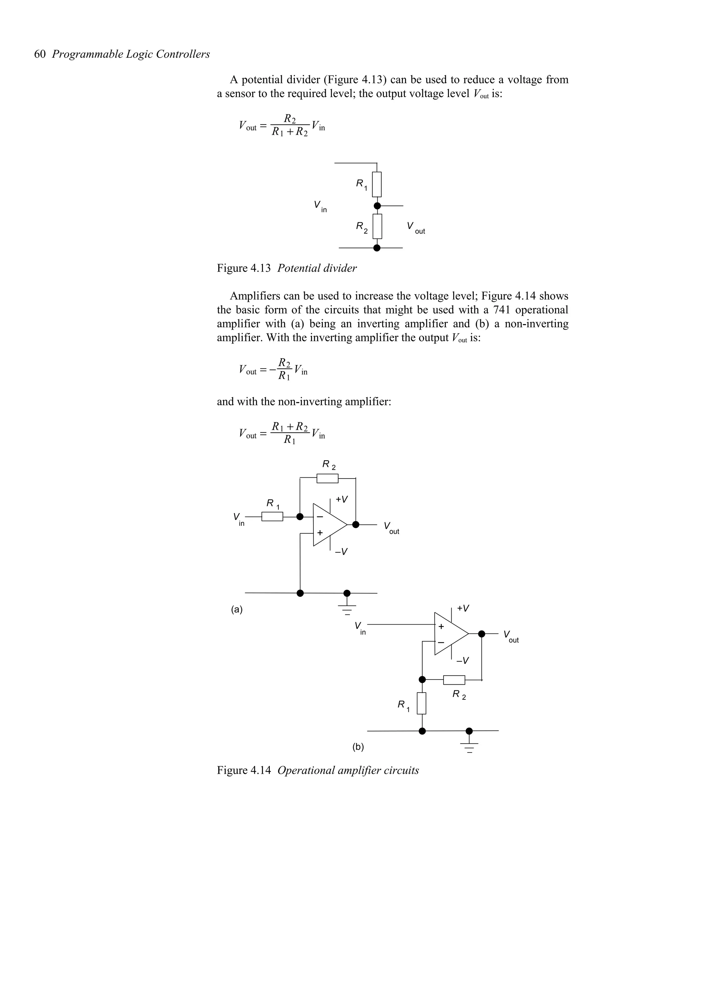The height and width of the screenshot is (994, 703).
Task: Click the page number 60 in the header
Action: click(x=40, y=54)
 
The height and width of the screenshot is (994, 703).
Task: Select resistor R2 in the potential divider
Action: click(x=377, y=226)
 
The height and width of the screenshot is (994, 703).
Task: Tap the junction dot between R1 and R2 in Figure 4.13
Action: click(x=377, y=206)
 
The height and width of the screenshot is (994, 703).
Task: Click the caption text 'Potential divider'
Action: click(x=317, y=269)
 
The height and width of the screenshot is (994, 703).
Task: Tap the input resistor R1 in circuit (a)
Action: click(x=272, y=517)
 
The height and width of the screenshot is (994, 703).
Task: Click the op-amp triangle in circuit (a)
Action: click(x=327, y=525)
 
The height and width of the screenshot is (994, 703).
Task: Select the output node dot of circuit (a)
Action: click(x=356, y=525)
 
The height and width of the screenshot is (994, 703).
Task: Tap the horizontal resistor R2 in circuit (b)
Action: click(x=454, y=680)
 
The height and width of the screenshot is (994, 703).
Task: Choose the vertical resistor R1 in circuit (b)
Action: click(x=422, y=703)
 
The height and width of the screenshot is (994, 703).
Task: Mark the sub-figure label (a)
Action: click(x=237, y=610)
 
